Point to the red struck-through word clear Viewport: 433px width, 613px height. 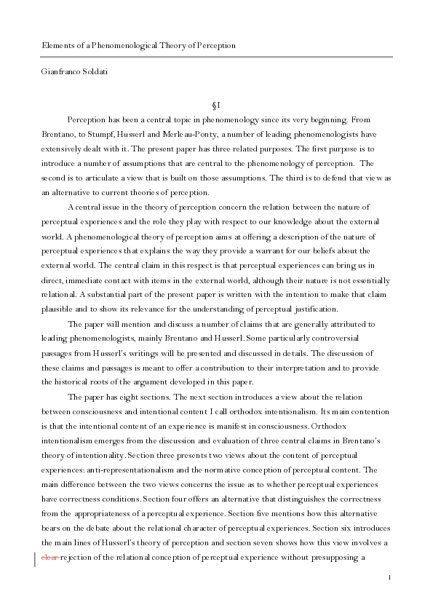50,558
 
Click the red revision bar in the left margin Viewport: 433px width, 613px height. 36,558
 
